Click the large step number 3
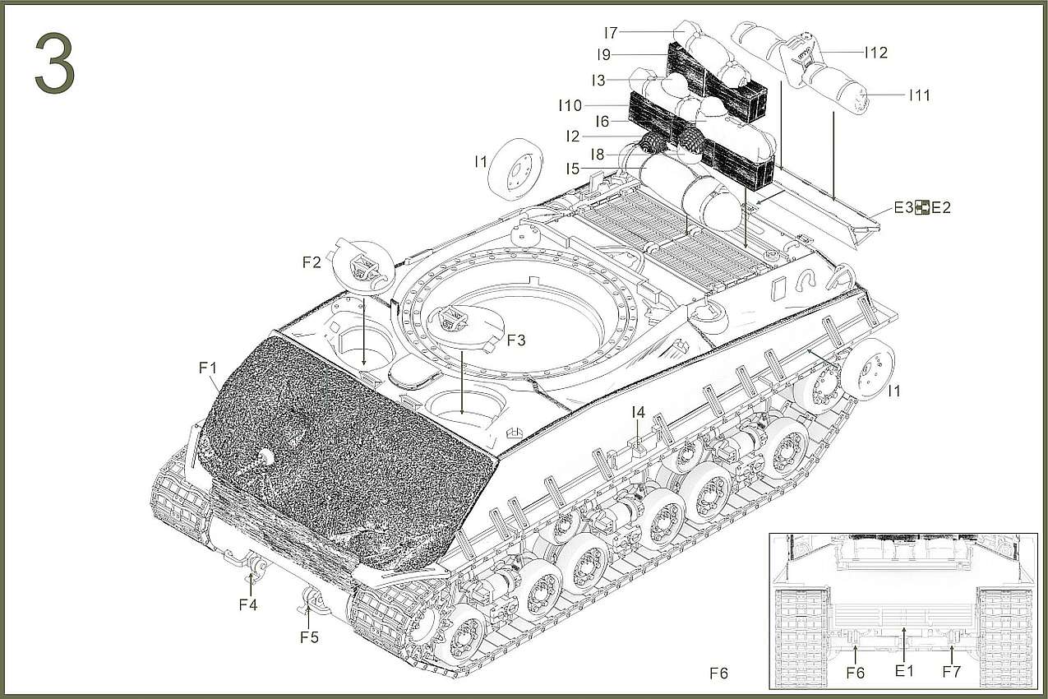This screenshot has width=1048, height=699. tap(55, 65)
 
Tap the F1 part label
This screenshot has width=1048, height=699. tap(207, 368)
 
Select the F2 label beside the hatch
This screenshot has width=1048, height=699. tap(312, 263)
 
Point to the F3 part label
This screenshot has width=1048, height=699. tap(515, 340)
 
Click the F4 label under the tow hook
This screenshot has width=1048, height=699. tap(248, 604)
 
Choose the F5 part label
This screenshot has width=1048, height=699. tap(308, 637)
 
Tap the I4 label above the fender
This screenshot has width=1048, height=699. tap(638, 412)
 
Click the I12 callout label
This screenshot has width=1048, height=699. tap(875, 53)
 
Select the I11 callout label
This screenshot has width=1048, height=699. tap(919, 95)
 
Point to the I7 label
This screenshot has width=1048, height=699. tap(610, 33)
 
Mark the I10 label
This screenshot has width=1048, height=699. tap(570, 105)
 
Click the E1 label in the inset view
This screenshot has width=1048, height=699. tap(904, 671)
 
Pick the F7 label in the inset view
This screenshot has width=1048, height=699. tap(951, 672)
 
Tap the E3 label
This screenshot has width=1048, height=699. tap(903, 208)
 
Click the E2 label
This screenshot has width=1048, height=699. tap(940, 208)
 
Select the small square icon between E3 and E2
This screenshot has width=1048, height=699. tap(922, 208)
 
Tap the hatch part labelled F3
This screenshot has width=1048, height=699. tap(464, 322)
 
